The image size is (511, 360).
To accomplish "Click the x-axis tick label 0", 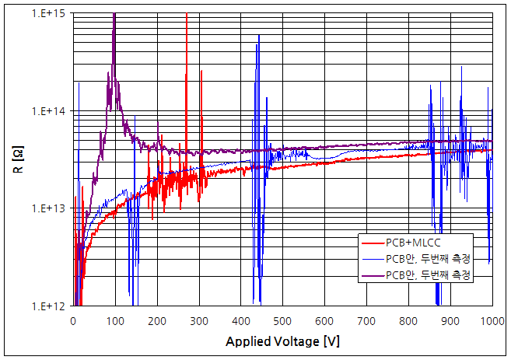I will pos(73,320).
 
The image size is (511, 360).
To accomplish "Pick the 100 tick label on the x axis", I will pos(115,320).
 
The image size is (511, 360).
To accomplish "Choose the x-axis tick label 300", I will pos(199,320).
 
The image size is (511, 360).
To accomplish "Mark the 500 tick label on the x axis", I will pos(282,320).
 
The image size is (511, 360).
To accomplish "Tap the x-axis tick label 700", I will pos(366,320).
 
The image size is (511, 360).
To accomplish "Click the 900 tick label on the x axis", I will pos(450,320).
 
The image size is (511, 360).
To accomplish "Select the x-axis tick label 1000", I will pos(491,320).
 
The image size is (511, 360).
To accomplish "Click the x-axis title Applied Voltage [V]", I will pos(282,341).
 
